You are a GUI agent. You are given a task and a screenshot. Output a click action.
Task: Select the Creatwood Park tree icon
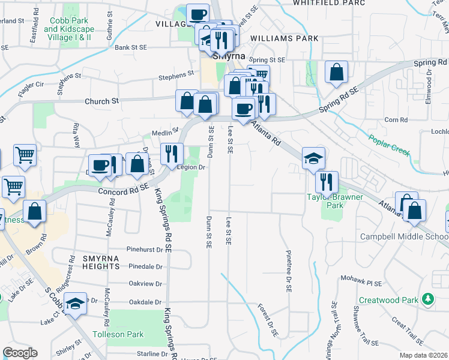427,298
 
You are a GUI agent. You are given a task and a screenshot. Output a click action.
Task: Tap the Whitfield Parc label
321,3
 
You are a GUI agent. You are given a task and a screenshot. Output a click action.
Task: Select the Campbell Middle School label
403,236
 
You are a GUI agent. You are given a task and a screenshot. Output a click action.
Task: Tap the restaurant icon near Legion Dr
172,154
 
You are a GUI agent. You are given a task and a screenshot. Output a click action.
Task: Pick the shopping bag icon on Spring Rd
337,72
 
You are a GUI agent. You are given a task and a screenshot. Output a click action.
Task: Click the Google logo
20,353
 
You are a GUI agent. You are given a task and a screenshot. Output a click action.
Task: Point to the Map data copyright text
424,355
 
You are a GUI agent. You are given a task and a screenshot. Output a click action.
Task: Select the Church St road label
102,101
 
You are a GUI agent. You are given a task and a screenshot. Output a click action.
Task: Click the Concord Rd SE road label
123,190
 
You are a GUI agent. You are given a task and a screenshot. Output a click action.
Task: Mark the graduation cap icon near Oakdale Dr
76,304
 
